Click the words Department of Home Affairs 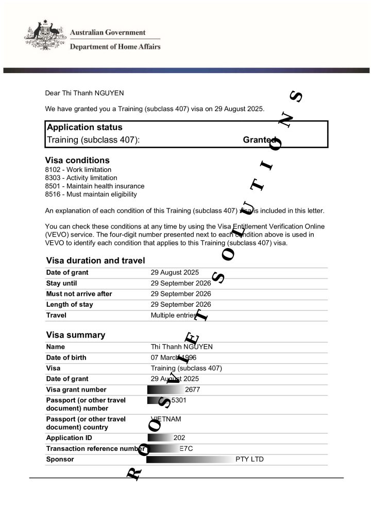point(115,47)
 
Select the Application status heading point(84,127)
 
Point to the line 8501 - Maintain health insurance point(94,186)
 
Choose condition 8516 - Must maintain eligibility point(91,194)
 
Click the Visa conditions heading point(77,160)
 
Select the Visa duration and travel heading point(95,260)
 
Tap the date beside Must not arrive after point(180,294)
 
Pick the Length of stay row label point(70,304)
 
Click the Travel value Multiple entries point(174,315)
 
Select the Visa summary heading point(75,335)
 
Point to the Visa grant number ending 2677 point(192,390)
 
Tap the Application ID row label point(69,438)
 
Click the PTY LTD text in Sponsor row point(249,459)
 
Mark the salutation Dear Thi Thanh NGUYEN point(84,93)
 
